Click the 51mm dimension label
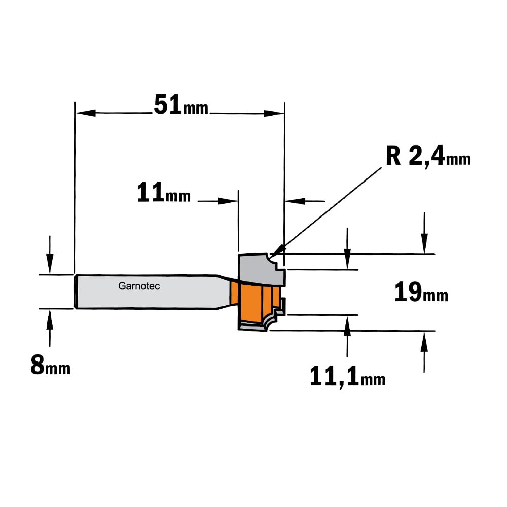coord(181,105)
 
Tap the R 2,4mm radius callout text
coord(428,157)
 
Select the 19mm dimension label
coord(421,292)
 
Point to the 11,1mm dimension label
coord(348,377)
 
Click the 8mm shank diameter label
coord(50,365)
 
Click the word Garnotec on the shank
coord(139,286)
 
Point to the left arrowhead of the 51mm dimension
coord(85,113)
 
